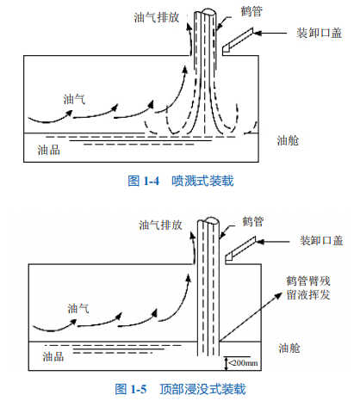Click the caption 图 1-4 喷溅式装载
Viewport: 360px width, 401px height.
(x=181, y=181)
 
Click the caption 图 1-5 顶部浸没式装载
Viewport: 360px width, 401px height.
(x=180, y=389)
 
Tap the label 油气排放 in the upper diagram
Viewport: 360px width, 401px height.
(x=157, y=17)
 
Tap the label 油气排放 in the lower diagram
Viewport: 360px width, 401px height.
(x=160, y=225)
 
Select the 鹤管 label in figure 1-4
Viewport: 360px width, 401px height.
(x=251, y=11)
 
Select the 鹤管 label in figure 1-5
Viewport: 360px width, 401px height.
(x=253, y=221)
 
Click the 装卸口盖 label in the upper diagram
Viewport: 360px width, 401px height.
(x=320, y=33)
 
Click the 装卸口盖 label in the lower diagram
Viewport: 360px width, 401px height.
(x=321, y=241)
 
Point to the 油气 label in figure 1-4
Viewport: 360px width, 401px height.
(x=74, y=99)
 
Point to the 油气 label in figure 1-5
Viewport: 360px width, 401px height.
(x=78, y=309)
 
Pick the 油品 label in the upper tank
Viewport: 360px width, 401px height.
(x=49, y=150)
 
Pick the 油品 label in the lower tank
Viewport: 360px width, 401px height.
(x=53, y=356)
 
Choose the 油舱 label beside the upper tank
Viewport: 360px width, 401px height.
(x=288, y=140)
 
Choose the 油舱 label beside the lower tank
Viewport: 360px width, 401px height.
(x=289, y=349)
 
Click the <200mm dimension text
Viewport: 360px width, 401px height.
(x=243, y=363)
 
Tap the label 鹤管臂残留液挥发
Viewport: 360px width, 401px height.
(x=308, y=288)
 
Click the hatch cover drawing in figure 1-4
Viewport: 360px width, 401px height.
(x=238, y=40)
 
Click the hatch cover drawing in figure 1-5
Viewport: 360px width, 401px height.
(x=240, y=249)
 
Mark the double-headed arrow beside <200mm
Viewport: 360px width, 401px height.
(x=227, y=363)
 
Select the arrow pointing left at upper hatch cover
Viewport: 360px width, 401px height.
(x=270, y=34)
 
